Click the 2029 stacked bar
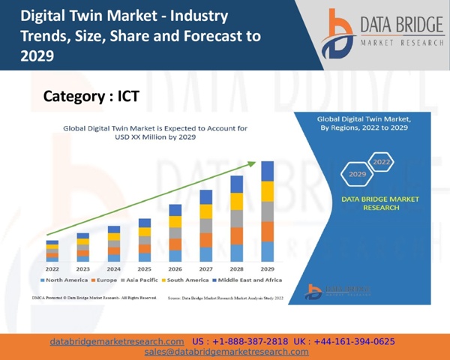(x=267, y=211)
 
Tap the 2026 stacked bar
(x=175, y=232)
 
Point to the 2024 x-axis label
(x=113, y=268)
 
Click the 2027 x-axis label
(x=205, y=268)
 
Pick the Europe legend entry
(x=105, y=280)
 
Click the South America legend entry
(x=185, y=280)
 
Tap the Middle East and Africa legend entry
(x=249, y=280)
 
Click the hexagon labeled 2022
(x=381, y=162)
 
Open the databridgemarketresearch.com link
(x=117, y=341)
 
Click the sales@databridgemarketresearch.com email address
(x=226, y=352)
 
